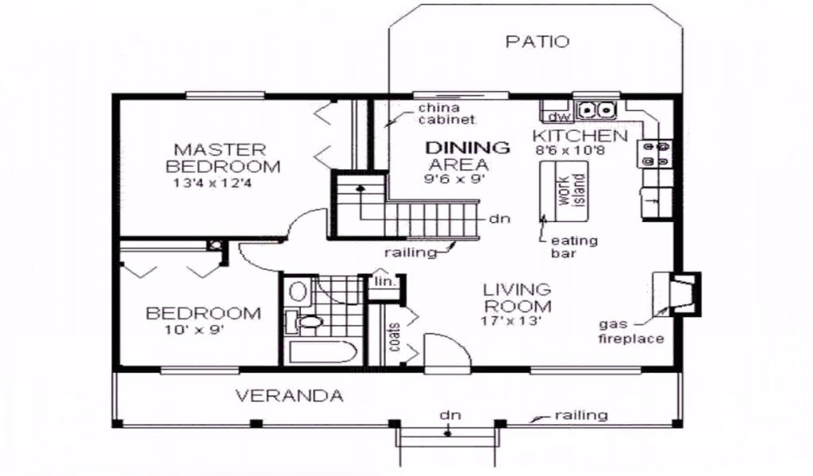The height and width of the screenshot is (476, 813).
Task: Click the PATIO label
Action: click(538, 41)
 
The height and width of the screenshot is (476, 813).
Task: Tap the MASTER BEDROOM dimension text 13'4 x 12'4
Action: click(213, 182)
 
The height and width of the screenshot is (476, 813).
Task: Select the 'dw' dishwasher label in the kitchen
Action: click(559, 117)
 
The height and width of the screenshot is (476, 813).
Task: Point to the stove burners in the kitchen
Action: click(655, 155)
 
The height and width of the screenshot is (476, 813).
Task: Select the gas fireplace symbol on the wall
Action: click(676, 294)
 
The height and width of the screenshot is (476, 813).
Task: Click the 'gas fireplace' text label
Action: click(631, 332)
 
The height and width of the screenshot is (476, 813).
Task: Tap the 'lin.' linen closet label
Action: click(385, 282)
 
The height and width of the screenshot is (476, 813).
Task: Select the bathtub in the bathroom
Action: click(322, 352)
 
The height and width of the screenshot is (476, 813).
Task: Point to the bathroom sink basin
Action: click(298, 290)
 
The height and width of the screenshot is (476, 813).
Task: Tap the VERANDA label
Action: click(289, 396)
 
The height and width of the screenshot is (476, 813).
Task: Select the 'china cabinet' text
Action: click(446, 114)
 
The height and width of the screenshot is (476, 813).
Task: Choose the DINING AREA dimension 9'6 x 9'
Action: click(454, 180)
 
